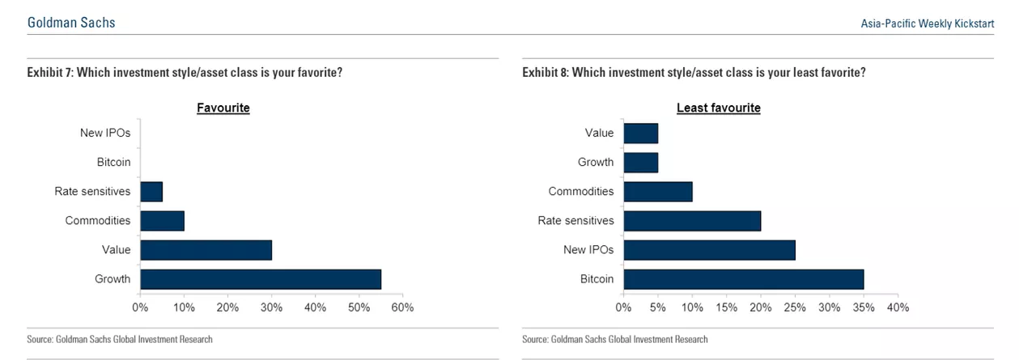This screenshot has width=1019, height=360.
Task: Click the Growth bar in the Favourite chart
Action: click(260, 279)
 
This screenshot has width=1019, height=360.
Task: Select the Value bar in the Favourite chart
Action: click(206, 250)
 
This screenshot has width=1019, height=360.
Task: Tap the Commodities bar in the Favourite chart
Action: click(162, 221)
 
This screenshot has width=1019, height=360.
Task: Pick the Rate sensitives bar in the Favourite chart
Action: click(151, 192)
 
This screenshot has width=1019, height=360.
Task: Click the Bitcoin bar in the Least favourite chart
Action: click(743, 279)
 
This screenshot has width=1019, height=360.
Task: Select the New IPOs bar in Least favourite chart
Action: click(709, 250)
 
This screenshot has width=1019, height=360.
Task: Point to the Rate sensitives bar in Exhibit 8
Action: click(692, 221)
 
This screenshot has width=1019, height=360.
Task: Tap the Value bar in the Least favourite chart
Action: click(640, 133)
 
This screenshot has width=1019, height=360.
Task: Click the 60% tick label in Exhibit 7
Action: click(402, 307)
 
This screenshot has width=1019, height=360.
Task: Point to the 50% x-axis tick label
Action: click(359, 307)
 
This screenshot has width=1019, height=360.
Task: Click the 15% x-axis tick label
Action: click(726, 307)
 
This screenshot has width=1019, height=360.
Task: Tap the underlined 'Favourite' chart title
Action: click(223, 108)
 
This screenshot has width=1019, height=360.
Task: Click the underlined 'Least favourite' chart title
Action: click(718, 108)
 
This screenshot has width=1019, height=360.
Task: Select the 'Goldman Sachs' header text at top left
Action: click(71, 23)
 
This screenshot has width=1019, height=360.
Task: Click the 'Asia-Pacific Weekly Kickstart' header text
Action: click(927, 24)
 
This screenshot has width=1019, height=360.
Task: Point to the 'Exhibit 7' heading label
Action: click(49, 73)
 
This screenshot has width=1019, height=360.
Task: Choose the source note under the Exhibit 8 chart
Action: click(615, 339)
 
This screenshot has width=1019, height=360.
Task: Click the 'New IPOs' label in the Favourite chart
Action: click(105, 133)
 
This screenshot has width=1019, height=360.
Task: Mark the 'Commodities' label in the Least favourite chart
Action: click(580, 192)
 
